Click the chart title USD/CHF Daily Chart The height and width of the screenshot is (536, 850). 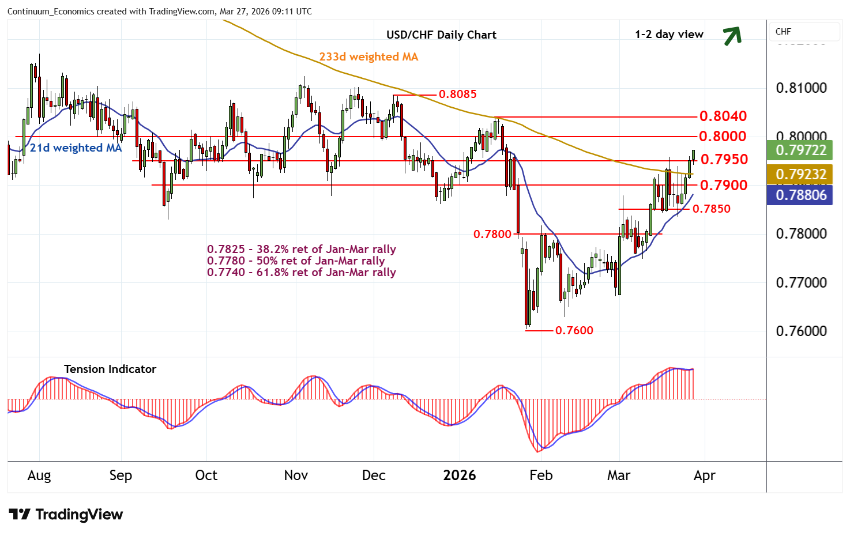[441, 35]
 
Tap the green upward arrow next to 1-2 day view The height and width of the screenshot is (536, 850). [732, 36]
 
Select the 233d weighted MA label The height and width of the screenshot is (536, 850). [368, 56]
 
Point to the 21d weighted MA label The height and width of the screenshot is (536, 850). [76, 148]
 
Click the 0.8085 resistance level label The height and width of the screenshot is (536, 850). [457, 94]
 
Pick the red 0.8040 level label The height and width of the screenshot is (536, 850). [723, 116]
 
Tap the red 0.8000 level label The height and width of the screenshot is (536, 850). [723, 136]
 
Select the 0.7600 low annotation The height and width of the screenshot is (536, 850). [574, 330]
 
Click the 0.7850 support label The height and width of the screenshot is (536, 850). [711, 209]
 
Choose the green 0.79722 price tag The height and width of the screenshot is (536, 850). [800, 150]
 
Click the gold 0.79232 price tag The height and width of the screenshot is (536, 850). [800, 174]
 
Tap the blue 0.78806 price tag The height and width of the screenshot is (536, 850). [800, 195]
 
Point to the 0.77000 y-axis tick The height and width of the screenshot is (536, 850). [801, 282]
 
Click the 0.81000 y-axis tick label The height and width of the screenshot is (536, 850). [801, 88]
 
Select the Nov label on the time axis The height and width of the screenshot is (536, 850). [296, 475]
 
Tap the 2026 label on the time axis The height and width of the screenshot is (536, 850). [460, 475]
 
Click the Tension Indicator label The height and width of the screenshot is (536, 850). [110, 369]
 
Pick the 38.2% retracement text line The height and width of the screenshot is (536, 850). [302, 249]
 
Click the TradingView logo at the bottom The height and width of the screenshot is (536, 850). [66, 514]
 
